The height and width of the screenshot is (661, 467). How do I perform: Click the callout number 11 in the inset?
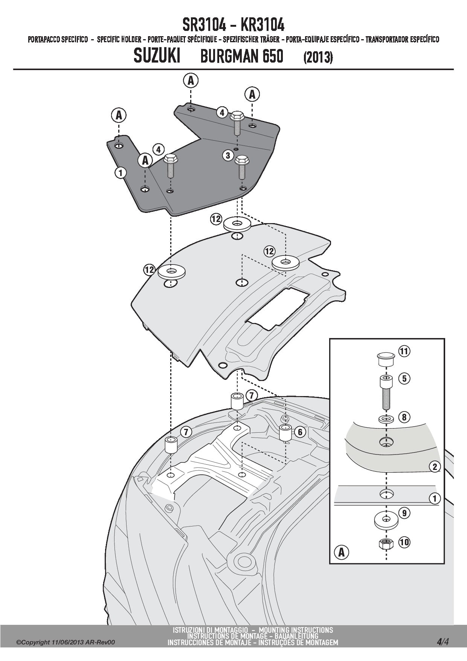coord(403,352)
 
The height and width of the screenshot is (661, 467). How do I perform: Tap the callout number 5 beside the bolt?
coord(404,378)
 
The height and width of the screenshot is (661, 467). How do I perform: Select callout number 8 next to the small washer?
coord(404,417)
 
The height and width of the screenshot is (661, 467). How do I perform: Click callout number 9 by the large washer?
coord(404,513)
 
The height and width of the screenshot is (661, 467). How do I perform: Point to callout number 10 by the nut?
coord(404,542)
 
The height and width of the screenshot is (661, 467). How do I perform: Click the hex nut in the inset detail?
coord(385,544)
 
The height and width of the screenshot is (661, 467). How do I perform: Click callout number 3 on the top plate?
coord(227,155)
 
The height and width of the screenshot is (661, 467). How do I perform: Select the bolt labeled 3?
coord(241,169)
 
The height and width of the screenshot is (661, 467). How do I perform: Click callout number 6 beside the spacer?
coord(300,432)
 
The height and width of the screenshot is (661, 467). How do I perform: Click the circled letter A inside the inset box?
coord(342,552)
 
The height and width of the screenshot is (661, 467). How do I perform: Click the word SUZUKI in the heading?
coord(157,57)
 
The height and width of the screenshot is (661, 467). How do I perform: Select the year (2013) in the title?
coord(318,58)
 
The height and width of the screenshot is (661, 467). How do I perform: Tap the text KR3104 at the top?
coord(262,25)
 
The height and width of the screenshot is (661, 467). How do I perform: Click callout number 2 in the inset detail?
coord(435,467)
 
